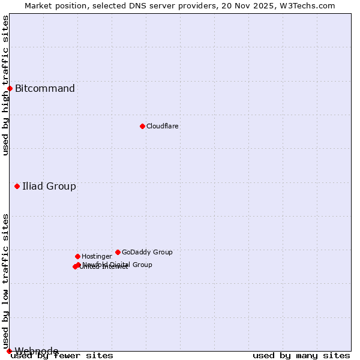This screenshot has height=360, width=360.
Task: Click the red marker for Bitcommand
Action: coord(10,89)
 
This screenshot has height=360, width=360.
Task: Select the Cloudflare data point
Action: coord(142,126)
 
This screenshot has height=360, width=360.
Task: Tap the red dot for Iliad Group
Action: coord(17,186)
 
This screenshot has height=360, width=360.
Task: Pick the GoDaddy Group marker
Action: coord(118,252)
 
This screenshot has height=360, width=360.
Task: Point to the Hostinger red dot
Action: coord(77,256)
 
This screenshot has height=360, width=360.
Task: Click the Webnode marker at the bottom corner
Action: coord(9,351)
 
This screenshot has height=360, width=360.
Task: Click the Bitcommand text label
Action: coord(45,89)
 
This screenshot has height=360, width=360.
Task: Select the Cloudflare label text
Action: coord(163,126)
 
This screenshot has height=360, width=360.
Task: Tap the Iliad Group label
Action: coord(49,186)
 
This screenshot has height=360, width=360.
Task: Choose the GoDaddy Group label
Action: coord(147,252)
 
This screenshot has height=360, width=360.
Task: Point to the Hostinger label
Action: coord(97,256)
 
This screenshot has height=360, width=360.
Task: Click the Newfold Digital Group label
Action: coord(118,265)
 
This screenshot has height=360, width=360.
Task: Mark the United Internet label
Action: coord(104,267)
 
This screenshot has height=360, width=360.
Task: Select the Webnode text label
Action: coord(37,351)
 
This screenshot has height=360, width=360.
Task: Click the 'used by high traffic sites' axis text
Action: coord(6,85)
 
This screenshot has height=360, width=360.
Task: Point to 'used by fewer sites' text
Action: coord(62,355)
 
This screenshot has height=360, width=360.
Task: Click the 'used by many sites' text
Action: coord(301,355)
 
